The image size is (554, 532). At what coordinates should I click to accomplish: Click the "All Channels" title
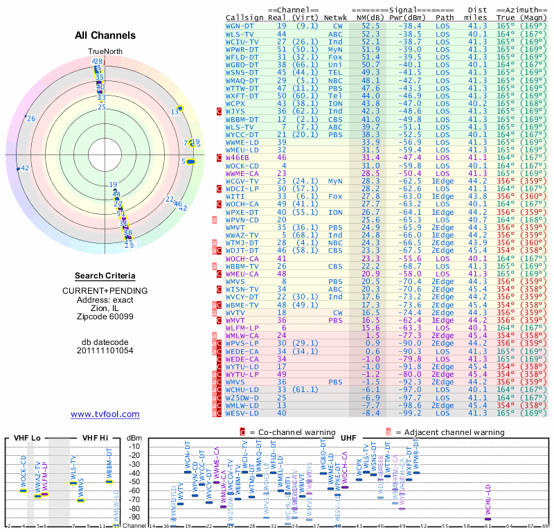105,35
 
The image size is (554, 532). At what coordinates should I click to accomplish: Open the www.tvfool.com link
105,414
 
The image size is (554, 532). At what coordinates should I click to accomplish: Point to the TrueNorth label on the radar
105,52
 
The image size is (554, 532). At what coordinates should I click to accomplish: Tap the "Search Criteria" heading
105,276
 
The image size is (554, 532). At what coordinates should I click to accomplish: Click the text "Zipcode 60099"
105,317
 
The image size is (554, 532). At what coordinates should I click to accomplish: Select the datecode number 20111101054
105,351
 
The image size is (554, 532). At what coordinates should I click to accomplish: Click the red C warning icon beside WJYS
220,111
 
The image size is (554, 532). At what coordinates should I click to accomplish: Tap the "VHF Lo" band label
28,438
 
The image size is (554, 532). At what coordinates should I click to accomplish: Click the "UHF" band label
348,438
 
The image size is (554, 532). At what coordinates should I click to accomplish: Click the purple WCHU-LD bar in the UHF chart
488,519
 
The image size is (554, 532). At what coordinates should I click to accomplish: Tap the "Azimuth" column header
522,10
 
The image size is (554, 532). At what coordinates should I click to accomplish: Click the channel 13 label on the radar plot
175,112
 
